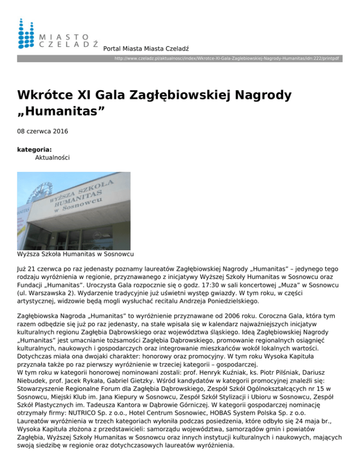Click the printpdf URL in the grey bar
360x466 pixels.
click(x=228, y=59)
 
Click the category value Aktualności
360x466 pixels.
click(x=52, y=158)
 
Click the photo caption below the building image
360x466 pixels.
click(x=75, y=254)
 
